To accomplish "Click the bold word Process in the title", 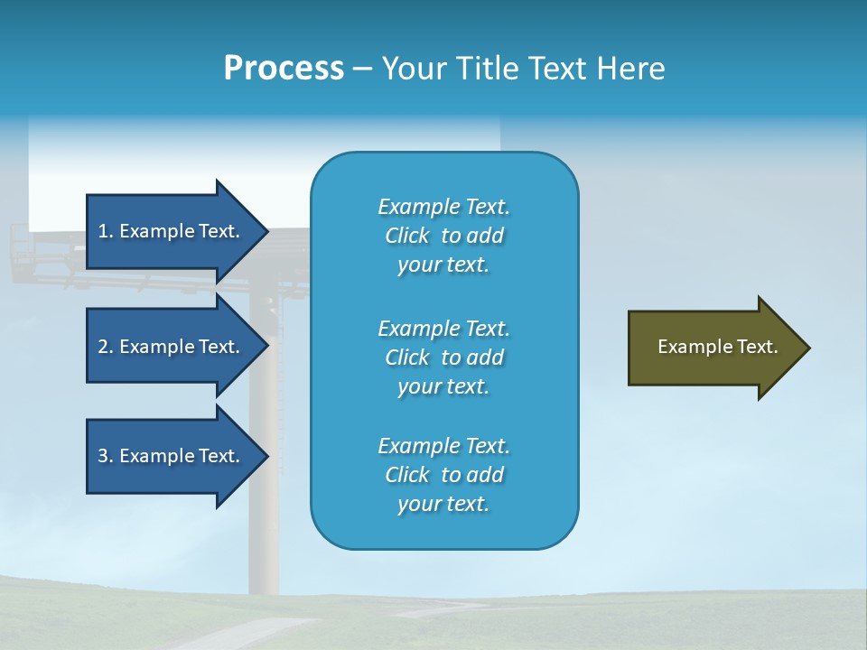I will [284, 69].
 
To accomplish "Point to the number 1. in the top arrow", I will [106, 231].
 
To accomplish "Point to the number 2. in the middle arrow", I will [106, 347].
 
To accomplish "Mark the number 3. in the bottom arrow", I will [106, 456].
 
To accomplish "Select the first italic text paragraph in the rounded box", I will [443, 236].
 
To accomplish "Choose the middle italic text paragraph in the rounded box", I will [443, 357].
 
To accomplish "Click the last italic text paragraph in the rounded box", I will [443, 475].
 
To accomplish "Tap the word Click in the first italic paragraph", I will [407, 236].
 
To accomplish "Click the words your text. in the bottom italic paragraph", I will [443, 504].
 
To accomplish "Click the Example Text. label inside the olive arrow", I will [718, 347].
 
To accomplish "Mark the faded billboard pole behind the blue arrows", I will [264, 542].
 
